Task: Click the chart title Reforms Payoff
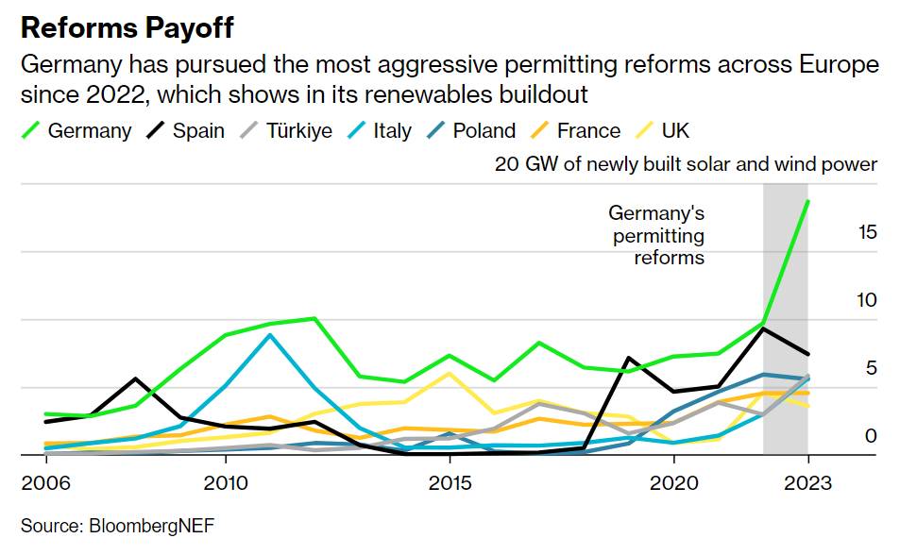point(126,28)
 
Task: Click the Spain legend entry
point(185,130)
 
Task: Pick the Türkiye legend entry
point(283,130)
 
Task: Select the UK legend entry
point(662,130)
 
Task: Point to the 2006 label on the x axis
point(46,482)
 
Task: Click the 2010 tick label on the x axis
point(225,482)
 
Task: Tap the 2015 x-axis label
point(449,482)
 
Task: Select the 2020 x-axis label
point(673,482)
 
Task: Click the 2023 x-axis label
point(807,482)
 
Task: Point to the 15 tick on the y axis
point(867,232)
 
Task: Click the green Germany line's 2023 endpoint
point(807,201)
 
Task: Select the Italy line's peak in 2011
point(270,335)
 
